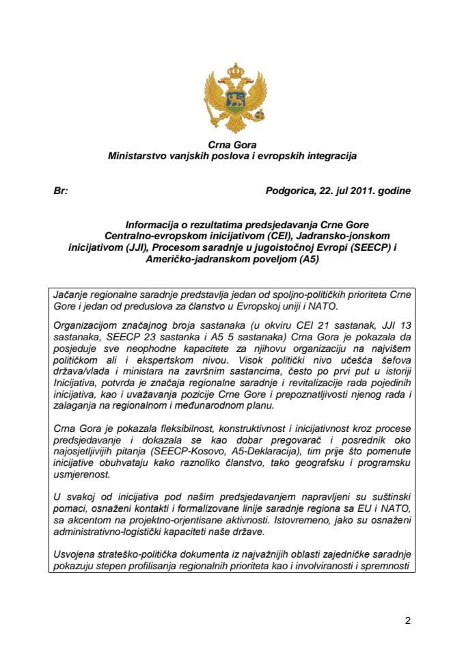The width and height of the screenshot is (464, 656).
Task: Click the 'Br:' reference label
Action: [60, 191]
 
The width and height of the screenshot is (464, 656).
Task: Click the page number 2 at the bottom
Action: [407, 621]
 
